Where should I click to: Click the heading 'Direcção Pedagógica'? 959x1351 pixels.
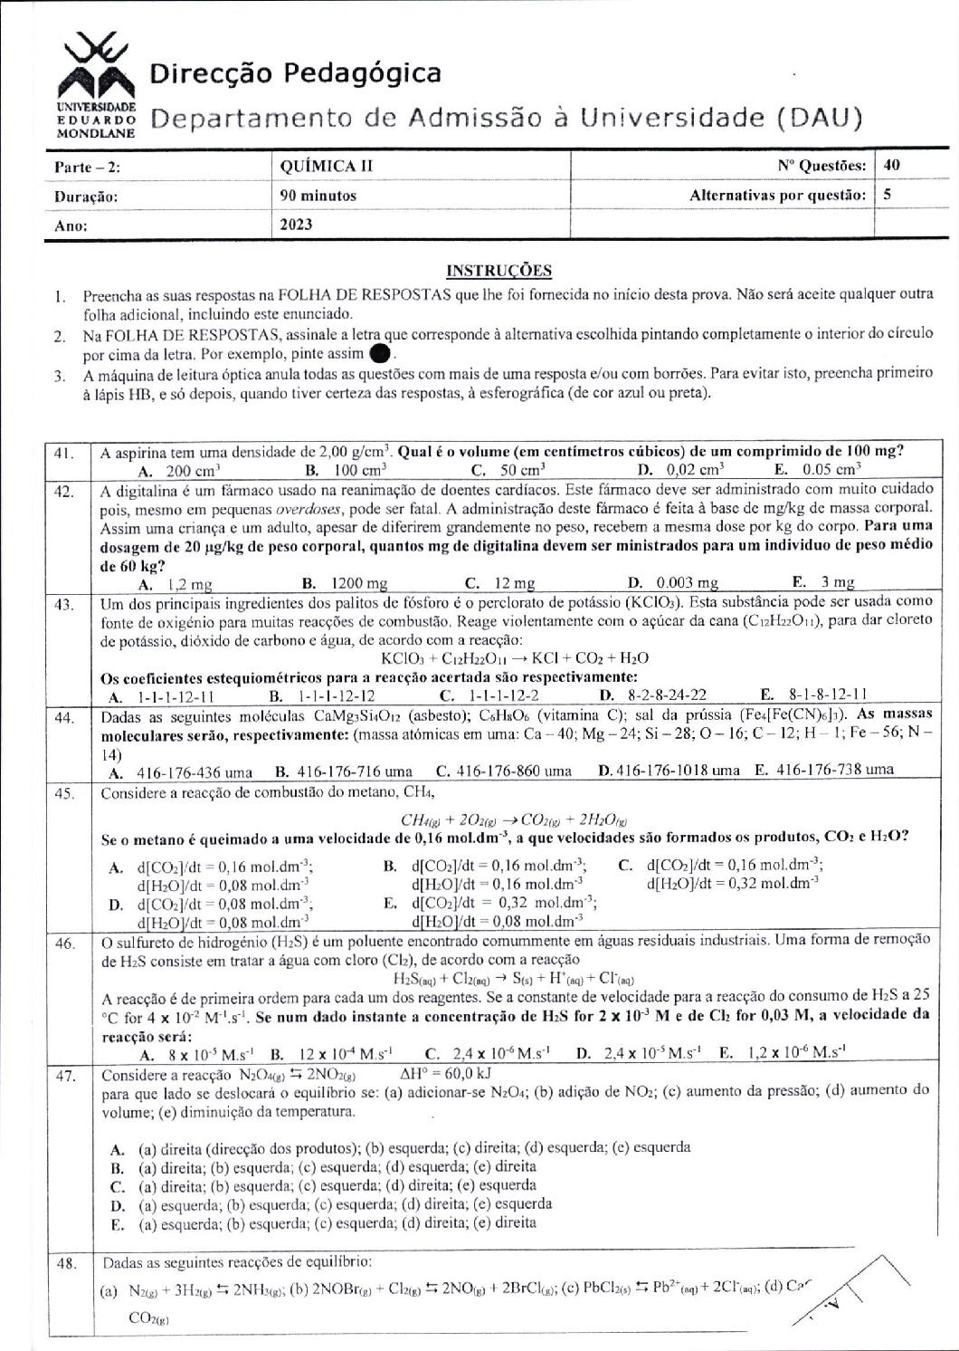(x=296, y=73)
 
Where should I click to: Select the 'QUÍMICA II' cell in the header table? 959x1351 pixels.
(x=328, y=166)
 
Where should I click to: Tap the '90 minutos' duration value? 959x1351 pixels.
(x=318, y=195)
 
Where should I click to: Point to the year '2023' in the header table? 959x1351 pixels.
(x=297, y=224)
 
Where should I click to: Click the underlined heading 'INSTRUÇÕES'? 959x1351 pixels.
(x=499, y=271)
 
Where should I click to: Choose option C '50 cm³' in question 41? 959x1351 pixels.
(x=509, y=469)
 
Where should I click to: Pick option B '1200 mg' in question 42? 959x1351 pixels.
(x=347, y=582)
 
